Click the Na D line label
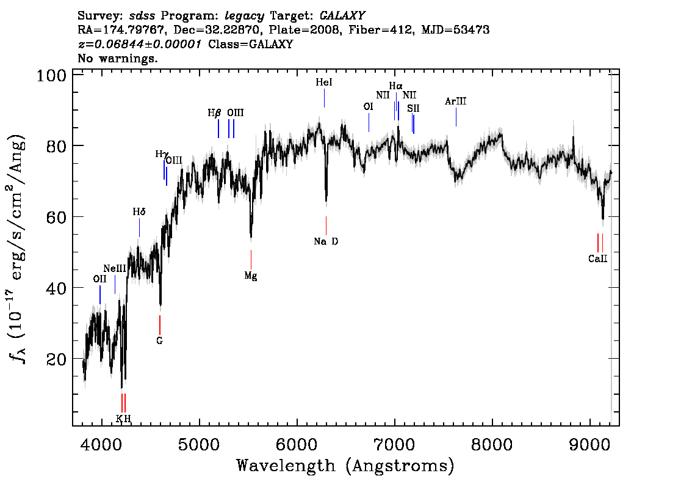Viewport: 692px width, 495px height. (x=326, y=241)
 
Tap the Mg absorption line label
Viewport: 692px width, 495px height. (x=251, y=276)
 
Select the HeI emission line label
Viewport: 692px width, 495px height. (x=324, y=82)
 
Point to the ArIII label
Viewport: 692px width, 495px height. (x=455, y=101)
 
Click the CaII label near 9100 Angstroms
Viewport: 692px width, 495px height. (x=597, y=258)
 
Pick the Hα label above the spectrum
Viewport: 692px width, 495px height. (x=395, y=86)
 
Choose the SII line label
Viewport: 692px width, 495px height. (x=413, y=108)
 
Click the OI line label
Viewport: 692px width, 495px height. (x=368, y=106)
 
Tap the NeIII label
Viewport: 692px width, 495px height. (x=115, y=268)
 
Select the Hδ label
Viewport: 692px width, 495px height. (x=139, y=212)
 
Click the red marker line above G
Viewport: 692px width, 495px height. (x=160, y=325)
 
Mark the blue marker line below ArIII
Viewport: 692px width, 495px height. (x=456, y=117)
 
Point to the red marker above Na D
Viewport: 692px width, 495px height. (x=326, y=226)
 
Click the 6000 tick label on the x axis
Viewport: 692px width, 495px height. (x=297, y=445)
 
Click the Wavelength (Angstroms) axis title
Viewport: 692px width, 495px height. (x=345, y=466)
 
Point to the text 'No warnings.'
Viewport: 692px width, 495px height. (x=118, y=58)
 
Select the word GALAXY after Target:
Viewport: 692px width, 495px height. (x=342, y=16)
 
